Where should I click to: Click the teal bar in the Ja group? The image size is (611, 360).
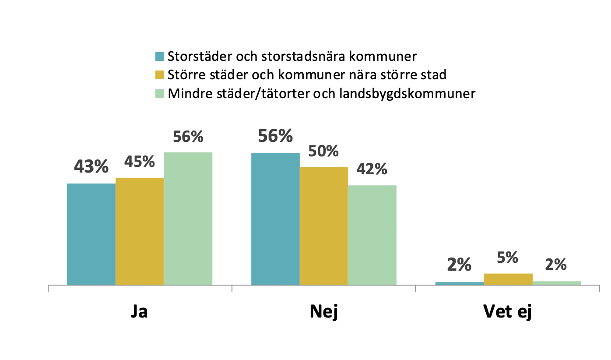91,234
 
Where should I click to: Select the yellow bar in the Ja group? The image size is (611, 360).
139,231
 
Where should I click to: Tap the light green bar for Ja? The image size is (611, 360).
188,219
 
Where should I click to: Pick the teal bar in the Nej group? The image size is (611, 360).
275,219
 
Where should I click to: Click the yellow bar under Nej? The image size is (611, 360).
323,226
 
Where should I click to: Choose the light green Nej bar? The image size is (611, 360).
372,235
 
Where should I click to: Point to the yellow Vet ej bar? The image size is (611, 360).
508,279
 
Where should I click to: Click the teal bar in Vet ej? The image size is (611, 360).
460,283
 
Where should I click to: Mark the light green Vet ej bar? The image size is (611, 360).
556,283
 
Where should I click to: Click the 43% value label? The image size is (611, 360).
91,166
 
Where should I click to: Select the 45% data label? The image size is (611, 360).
140,162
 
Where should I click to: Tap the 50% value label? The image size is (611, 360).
323,151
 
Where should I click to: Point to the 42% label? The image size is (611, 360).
372,169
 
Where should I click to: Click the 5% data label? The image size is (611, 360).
508,258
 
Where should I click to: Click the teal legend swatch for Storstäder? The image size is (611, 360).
159,56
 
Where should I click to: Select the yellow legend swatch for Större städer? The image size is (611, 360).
159,75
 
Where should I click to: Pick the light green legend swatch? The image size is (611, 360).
159,94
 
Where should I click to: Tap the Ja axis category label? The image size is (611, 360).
139,311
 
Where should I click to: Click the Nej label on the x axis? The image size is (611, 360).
323,311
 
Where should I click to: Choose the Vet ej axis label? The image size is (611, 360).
508,311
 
